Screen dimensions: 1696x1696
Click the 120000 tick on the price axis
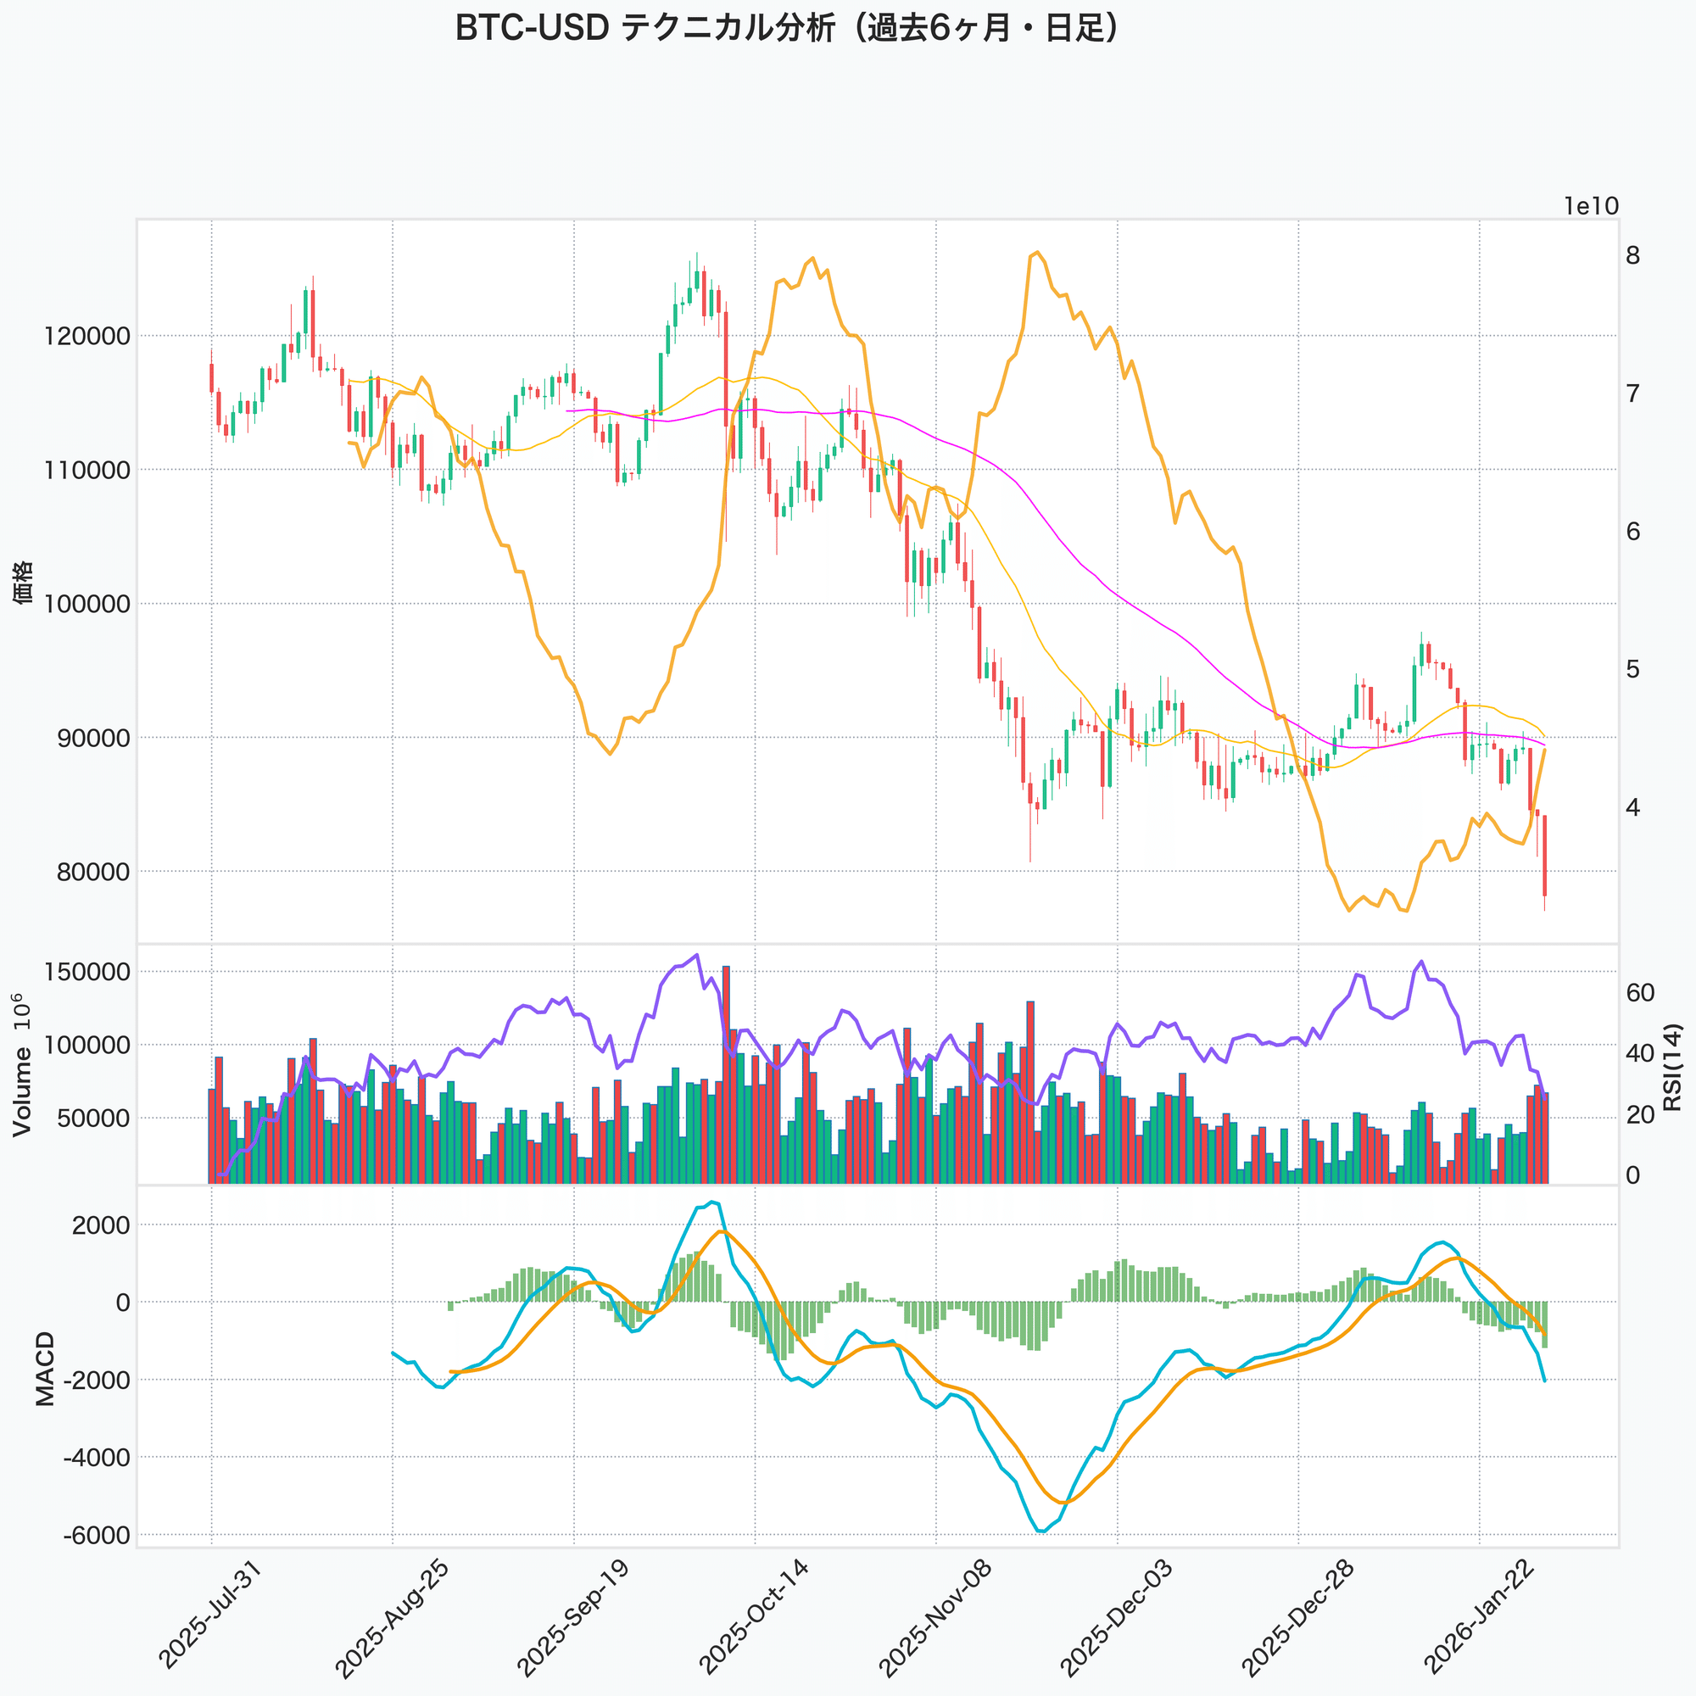86,336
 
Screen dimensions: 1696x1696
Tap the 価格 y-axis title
24,581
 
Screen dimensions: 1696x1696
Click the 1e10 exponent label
1591,206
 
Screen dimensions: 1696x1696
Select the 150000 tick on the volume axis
86,972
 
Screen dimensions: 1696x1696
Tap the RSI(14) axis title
1671,1067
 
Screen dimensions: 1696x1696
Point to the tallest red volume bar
726,1075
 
